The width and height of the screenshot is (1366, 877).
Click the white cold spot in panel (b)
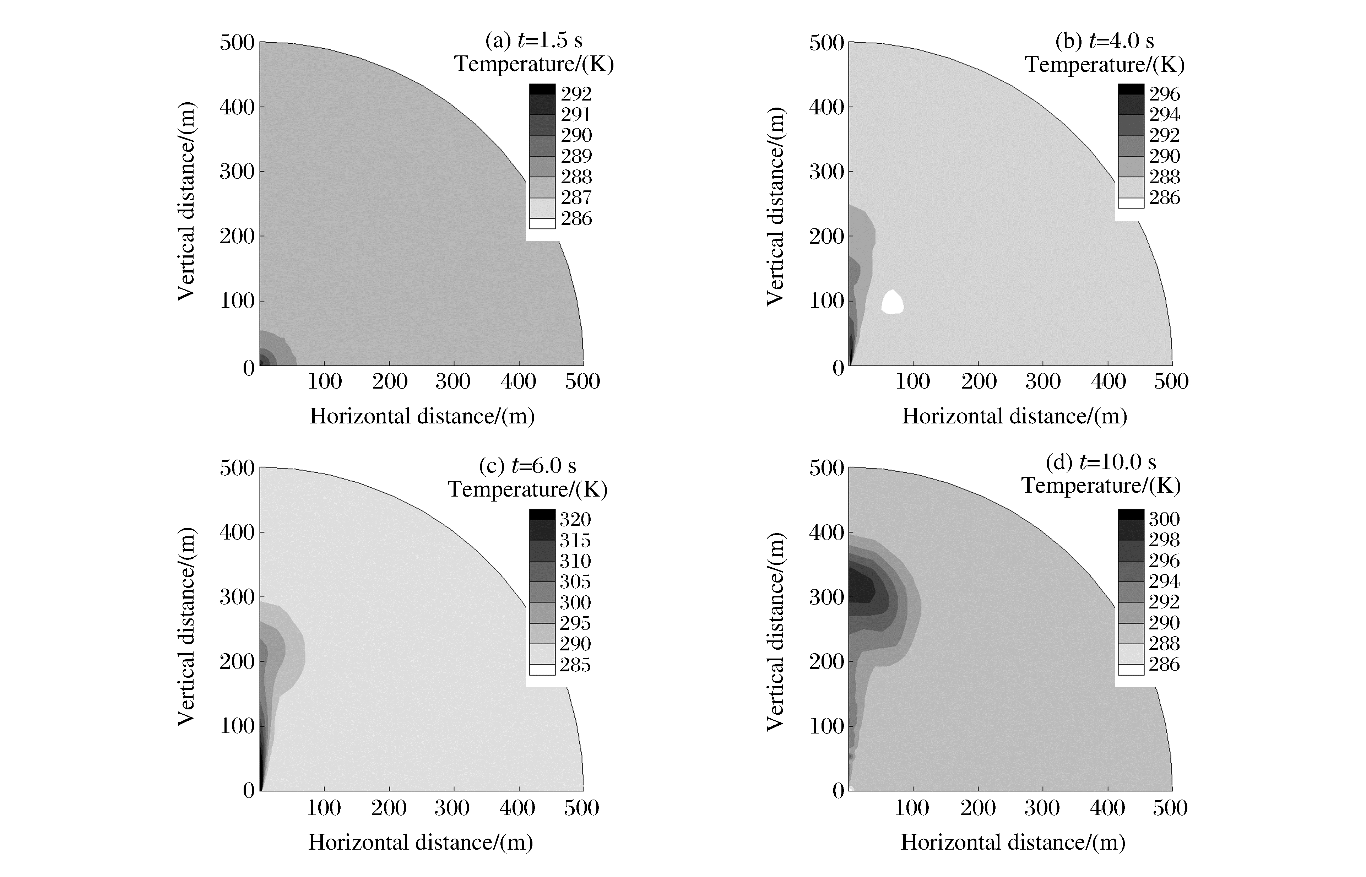click(892, 302)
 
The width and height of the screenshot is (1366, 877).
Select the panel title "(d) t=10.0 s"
click(1101, 462)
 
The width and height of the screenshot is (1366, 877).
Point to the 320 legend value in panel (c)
click(575, 519)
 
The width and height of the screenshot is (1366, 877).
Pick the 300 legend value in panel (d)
click(1164, 519)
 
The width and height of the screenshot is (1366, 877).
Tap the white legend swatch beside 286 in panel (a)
click(542, 223)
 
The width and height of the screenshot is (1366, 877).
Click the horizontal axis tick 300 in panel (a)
click(453, 381)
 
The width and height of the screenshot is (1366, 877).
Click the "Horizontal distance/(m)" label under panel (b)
click(1014, 416)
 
